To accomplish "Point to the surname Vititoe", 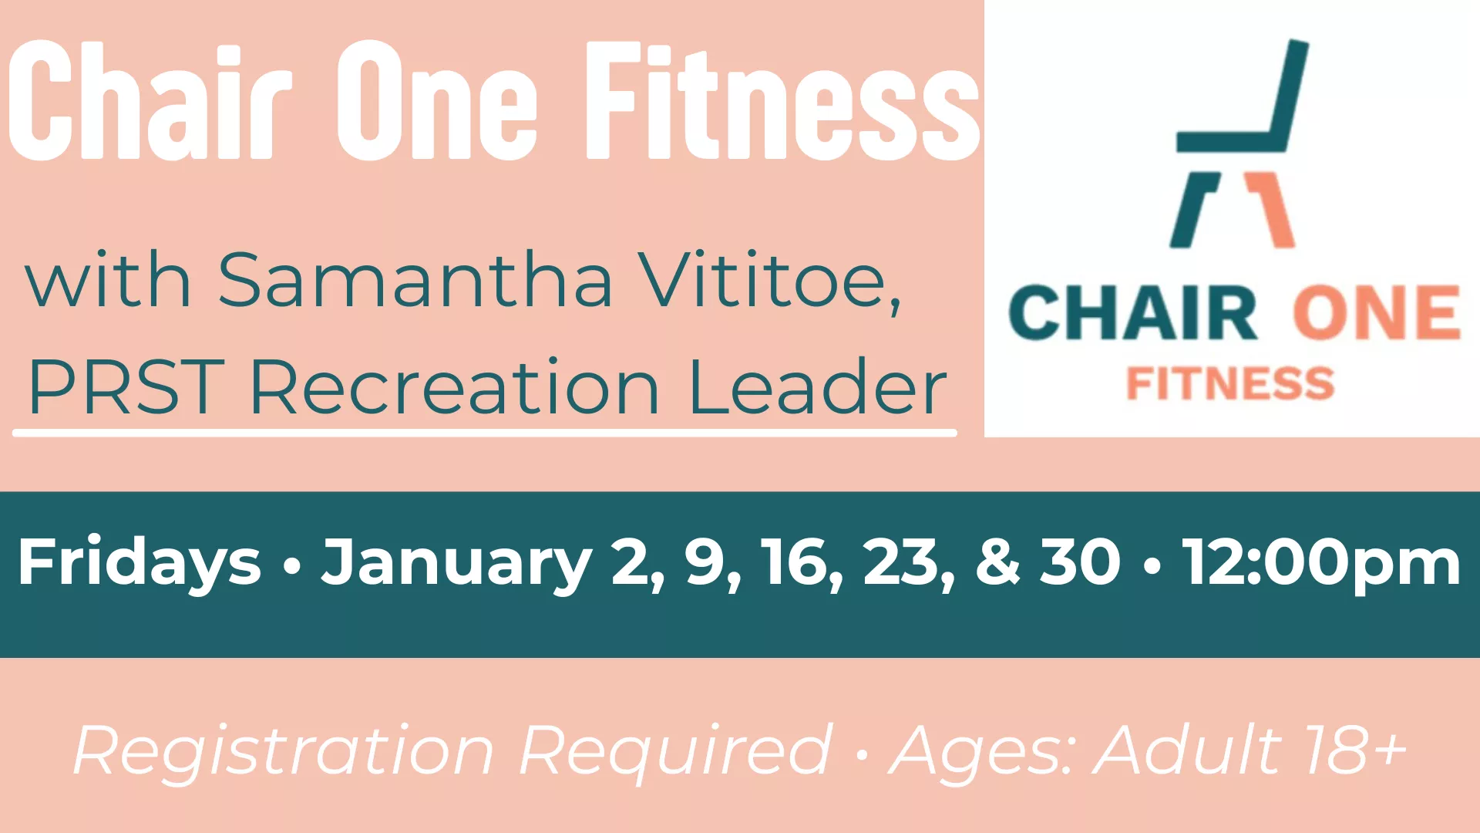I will [x=771, y=280].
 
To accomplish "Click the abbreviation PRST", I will [x=126, y=387].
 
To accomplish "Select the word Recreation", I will [x=455, y=387].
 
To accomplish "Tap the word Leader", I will [x=817, y=387].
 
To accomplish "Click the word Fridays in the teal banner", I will [x=140, y=563].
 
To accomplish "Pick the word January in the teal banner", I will [x=456, y=563].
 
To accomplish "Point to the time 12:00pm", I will [x=1322, y=563].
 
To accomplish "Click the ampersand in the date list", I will [x=997, y=563].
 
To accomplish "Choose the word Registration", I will [x=283, y=750].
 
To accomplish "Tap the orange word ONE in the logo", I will [x=1377, y=313].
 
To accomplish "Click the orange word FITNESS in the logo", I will [x=1230, y=383].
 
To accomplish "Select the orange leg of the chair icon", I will [x=1272, y=210].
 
